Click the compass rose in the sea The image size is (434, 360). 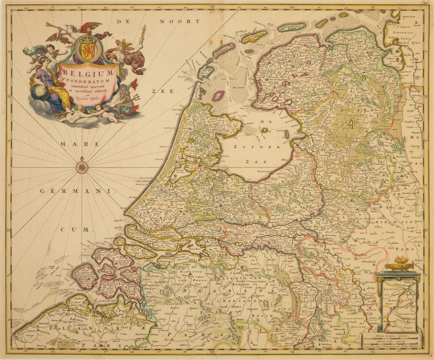coord(82,167)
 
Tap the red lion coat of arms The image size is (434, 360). coord(85,48)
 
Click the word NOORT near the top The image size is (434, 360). coord(179,21)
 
